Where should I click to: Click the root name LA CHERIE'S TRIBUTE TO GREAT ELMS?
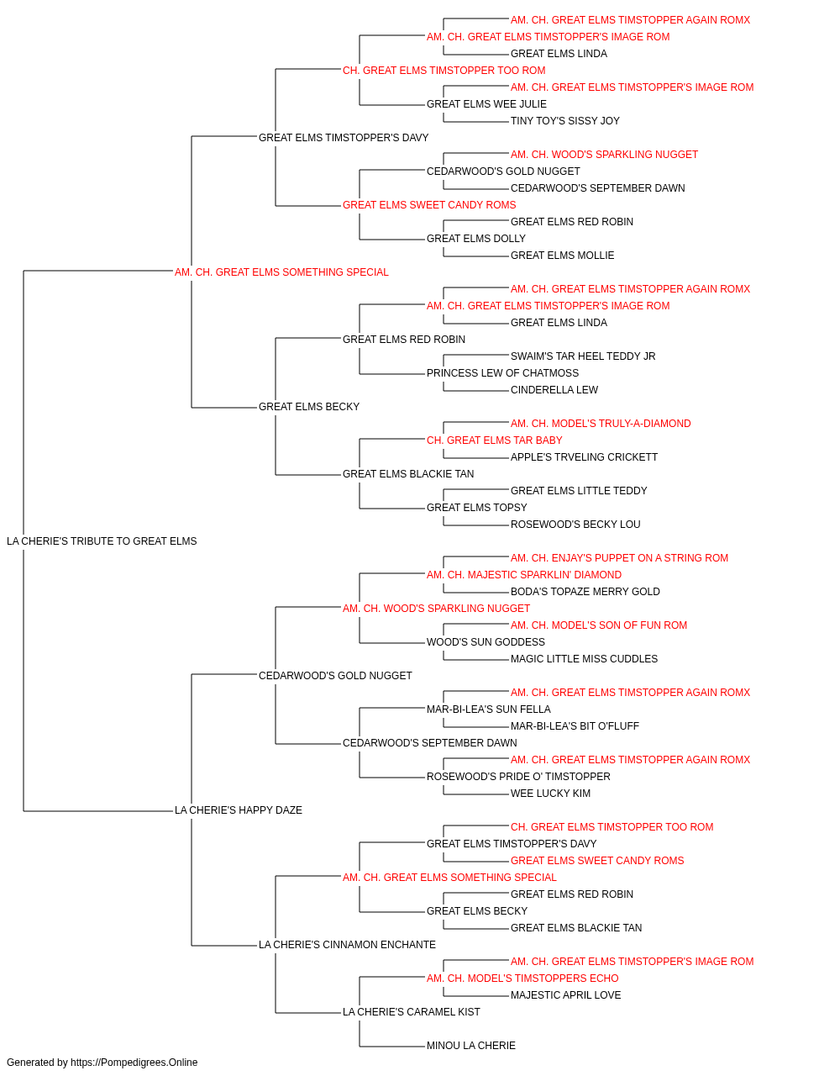(102, 541)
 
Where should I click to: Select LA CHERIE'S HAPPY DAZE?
(238, 810)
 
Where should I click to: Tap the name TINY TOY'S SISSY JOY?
(565, 121)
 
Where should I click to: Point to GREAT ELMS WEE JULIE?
(486, 104)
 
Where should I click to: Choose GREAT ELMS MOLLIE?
(562, 256)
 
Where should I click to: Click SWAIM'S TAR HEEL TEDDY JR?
(583, 356)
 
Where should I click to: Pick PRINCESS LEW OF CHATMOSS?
(502, 373)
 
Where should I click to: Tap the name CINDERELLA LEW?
(554, 390)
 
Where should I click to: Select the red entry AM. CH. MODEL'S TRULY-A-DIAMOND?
(601, 424)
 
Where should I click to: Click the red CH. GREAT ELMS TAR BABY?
(494, 440)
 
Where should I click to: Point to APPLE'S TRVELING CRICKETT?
(584, 457)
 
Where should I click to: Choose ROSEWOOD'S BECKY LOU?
(575, 525)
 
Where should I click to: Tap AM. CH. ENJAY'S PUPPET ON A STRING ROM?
(619, 558)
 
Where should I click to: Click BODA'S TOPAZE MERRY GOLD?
(585, 592)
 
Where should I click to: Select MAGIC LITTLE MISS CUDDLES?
(584, 659)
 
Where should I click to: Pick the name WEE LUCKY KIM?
(550, 794)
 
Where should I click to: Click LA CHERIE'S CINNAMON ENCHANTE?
(347, 945)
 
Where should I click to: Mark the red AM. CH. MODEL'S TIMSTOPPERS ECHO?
(522, 978)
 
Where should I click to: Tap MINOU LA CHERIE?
(471, 1045)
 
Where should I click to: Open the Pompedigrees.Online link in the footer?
(134, 1063)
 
